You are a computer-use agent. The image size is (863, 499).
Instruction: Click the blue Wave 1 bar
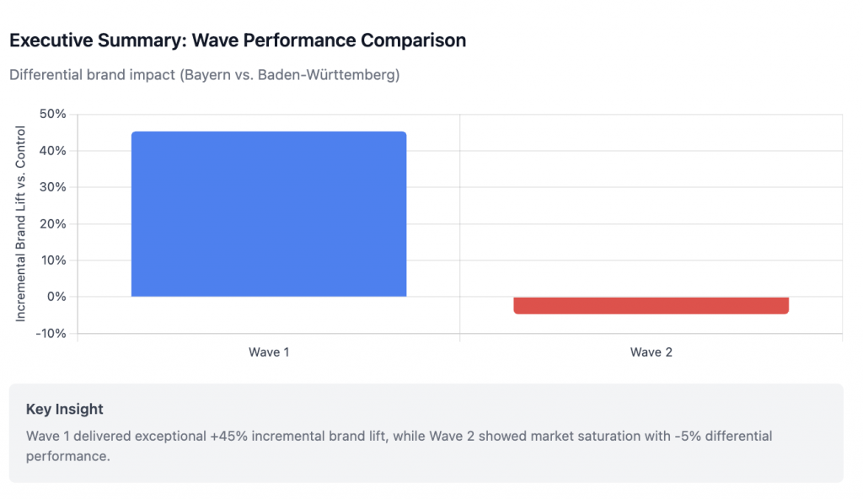pos(269,214)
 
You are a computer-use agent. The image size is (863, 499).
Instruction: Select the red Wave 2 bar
pos(651,305)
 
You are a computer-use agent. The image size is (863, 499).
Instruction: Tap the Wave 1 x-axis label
pos(269,352)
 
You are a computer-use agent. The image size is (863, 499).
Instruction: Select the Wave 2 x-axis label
pos(651,352)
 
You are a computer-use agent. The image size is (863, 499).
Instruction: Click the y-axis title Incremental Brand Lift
pos(21,223)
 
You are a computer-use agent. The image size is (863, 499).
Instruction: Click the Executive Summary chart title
pos(238,40)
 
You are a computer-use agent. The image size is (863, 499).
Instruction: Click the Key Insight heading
pos(65,410)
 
